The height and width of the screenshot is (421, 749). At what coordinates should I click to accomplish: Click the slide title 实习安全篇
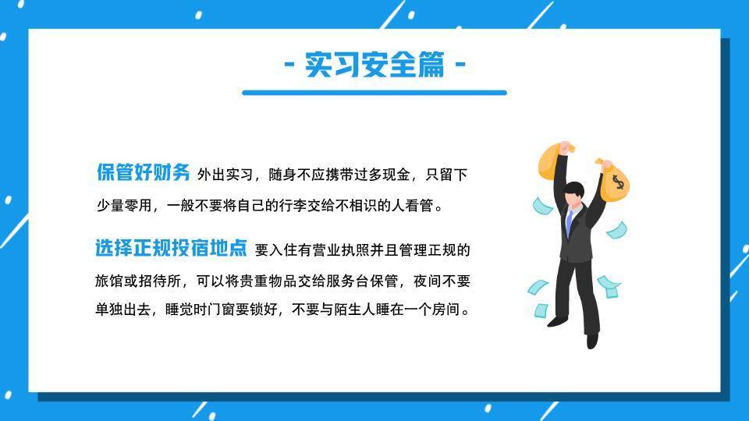[374, 64]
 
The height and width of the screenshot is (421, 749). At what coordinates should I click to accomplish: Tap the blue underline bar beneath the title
[374, 93]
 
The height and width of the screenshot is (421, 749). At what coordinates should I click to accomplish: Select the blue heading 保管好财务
[143, 172]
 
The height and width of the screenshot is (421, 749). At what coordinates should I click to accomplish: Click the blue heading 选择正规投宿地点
[171, 249]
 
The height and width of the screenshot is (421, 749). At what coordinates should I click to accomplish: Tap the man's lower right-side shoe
[592, 341]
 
